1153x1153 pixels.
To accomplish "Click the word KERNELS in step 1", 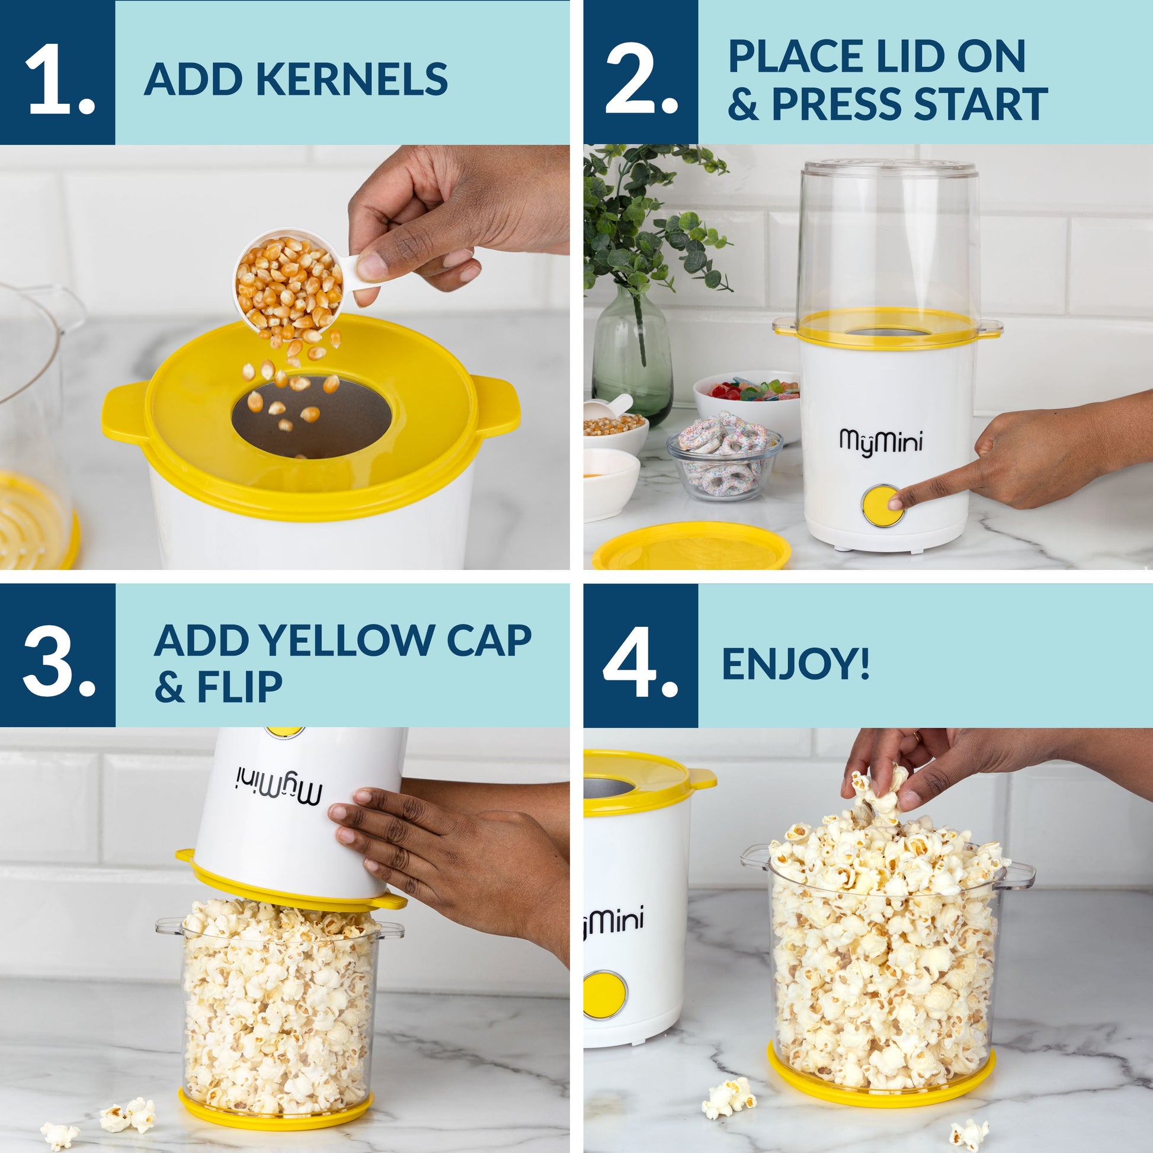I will (352, 79).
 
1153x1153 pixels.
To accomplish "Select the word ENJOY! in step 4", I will (795, 663).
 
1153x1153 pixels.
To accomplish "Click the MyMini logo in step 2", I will (881, 442).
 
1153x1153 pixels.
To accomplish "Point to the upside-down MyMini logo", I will (278, 788).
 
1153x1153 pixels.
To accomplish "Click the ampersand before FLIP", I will (169, 687).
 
